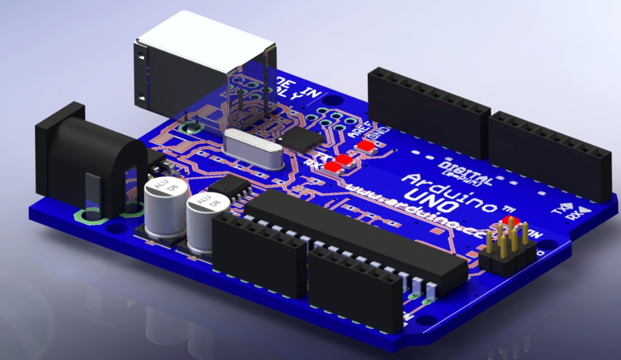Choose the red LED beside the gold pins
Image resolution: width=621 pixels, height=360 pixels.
point(510,220)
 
